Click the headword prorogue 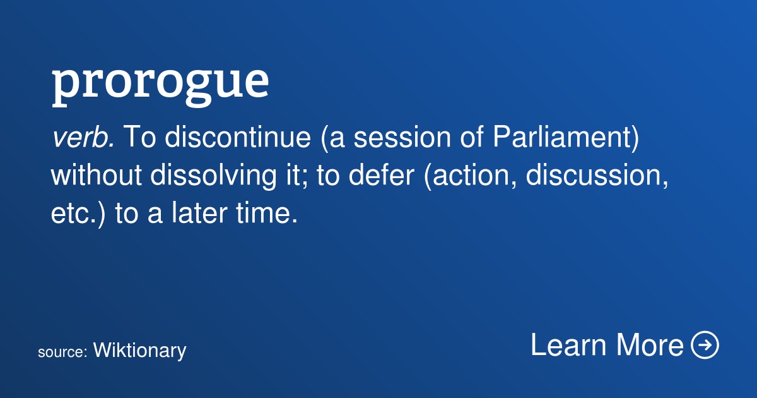pos(160,85)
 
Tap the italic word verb pos(83,137)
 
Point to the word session pos(402,137)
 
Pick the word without pos(97,175)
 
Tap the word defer pos(381,174)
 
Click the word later pos(199,212)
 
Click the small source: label pos(63,353)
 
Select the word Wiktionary pos(139,351)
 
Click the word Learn pos(568,344)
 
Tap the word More pos(650,344)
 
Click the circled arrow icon pos(705,344)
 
